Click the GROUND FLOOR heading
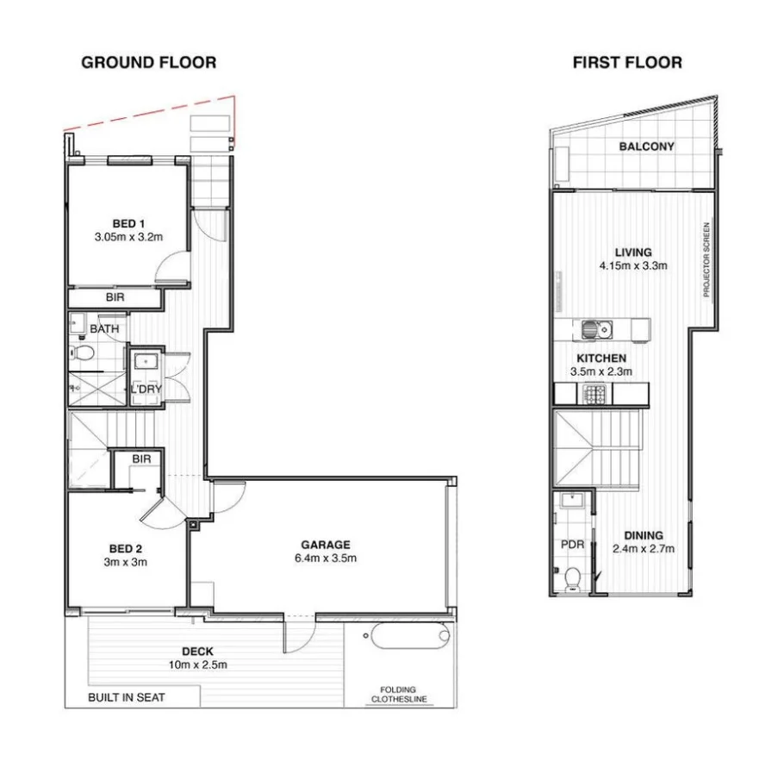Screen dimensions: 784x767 tap(148, 63)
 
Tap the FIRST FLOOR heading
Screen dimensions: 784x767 tap(627, 63)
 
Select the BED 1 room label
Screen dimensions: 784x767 tap(128, 223)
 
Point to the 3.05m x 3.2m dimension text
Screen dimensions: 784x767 tap(128, 237)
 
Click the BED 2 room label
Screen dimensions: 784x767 tap(126, 548)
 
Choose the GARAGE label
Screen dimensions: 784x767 tap(326, 545)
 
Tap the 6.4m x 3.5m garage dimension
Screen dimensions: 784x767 tap(326, 558)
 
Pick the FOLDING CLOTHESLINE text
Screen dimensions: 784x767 tap(399, 695)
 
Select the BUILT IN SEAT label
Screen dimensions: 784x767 tap(127, 697)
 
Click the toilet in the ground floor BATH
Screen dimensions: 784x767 tap(82, 353)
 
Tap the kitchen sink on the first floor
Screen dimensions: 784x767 tap(596, 329)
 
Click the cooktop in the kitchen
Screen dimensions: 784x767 tap(594, 394)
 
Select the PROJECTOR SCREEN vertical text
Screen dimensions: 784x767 tap(706, 259)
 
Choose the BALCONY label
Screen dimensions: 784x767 tap(646, 147)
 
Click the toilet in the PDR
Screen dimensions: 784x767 tap(571, 579)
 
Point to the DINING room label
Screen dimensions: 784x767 tap(644, 535)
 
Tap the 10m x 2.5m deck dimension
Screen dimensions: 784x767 tap(198, 664)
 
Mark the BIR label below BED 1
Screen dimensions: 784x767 tap(115, 297)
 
